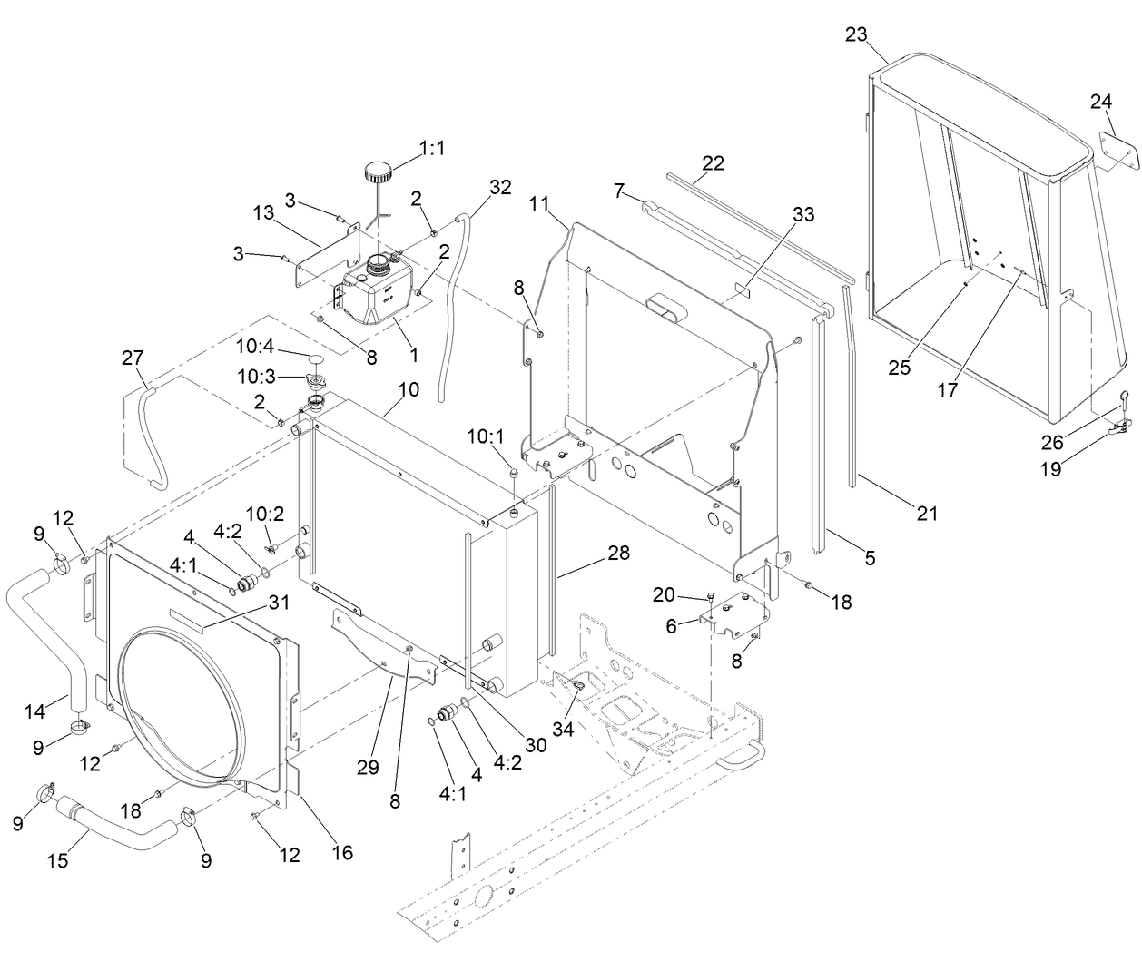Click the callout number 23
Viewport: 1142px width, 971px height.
click(x=856, y=34)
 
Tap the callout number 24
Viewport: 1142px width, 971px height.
click(x=1101, y=102)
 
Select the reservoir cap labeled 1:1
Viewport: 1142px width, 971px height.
click(x=378, y=172)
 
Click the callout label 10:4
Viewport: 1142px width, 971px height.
click(x=255, y=347)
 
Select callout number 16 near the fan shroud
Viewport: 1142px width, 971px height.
click(x=341, y=852)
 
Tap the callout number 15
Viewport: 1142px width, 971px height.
click(x=57, y=859)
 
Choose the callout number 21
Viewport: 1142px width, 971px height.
click(x=926, y=514)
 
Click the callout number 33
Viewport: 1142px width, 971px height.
click(x=802, y=215)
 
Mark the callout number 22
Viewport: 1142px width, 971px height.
click(x=713, y=163)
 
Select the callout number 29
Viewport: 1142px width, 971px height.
click(x=367, y=768)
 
